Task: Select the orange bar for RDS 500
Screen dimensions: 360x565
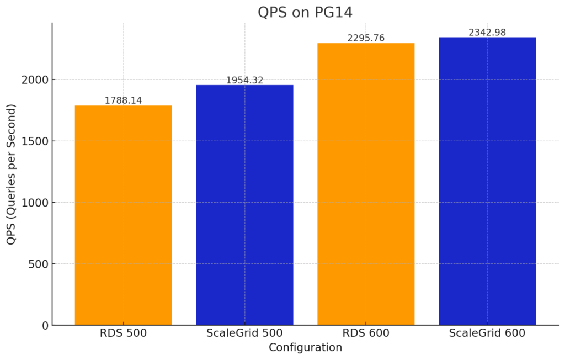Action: point(123,215)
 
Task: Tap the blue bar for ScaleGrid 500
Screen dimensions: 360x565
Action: point(244,205)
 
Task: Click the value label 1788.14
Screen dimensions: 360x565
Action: point(123,100)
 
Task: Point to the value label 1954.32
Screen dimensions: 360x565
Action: point(244,80)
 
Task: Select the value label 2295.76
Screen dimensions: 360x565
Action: point(366,38)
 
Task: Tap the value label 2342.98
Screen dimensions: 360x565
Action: point(487,33)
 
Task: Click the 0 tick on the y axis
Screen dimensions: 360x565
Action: point(45,326)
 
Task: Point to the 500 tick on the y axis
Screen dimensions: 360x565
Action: point(38,264)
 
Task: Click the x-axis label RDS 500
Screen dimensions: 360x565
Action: point(123,333)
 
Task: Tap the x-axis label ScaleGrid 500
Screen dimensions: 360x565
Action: point(244,333)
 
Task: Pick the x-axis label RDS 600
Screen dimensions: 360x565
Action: point(366,333)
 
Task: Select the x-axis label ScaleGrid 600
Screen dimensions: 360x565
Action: point(487,333)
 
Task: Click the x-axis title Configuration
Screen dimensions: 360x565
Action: point(305,348)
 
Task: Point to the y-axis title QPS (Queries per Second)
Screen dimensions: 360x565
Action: point(12,174)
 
